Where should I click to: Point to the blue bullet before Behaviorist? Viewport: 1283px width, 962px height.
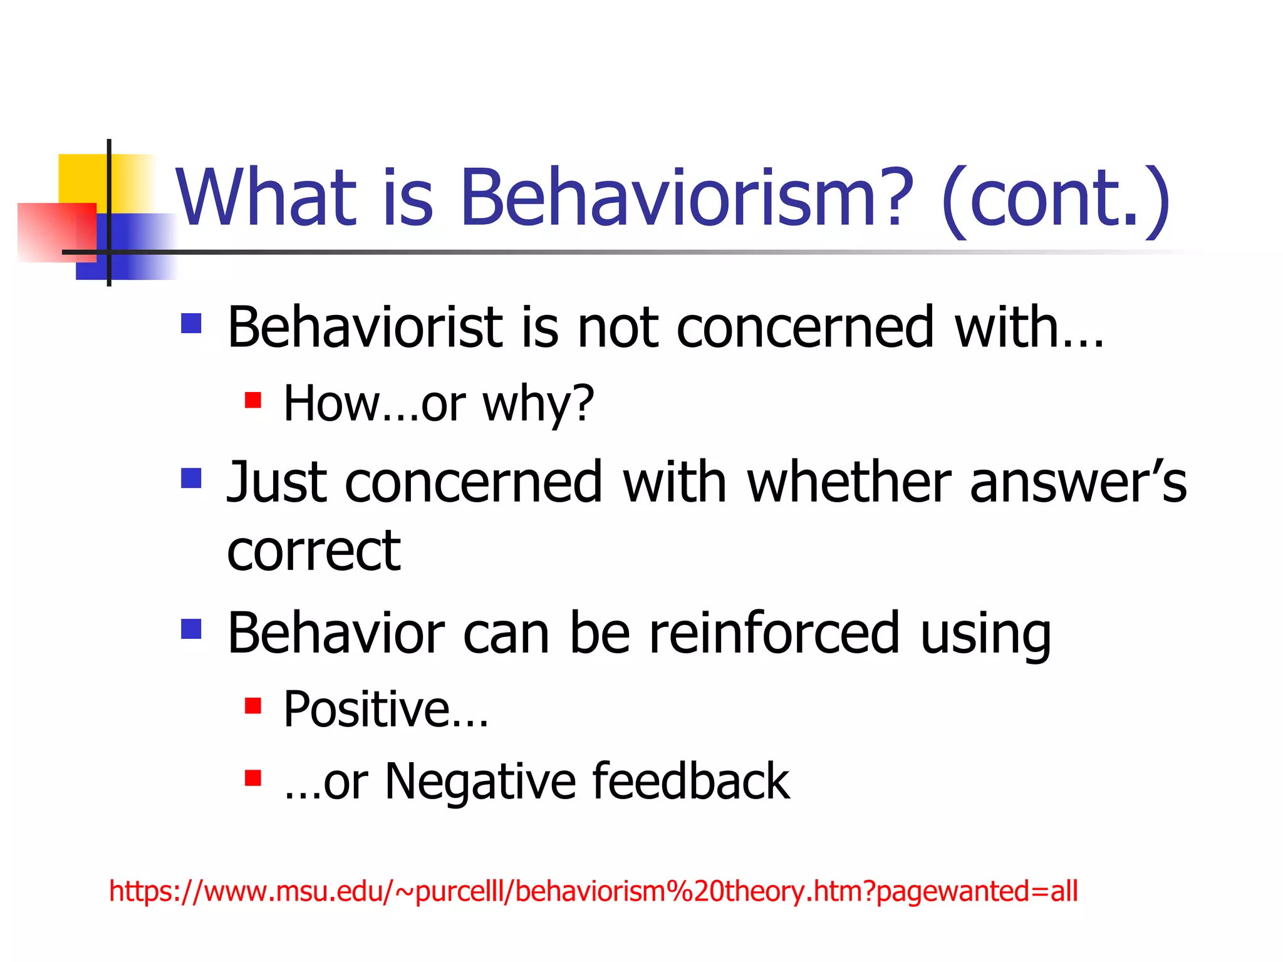point(191,323)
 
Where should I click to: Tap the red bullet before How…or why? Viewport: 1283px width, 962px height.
point(253,400)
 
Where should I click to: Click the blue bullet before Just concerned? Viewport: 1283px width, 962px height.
point(191,478)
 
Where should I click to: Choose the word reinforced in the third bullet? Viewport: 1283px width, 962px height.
point(774,633)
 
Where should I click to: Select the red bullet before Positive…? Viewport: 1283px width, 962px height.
point(253,706)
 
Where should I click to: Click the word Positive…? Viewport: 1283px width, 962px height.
point(385,710)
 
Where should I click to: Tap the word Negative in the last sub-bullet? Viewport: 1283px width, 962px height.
point(480,782)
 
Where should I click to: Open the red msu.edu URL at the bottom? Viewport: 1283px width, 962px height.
point(593,891)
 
